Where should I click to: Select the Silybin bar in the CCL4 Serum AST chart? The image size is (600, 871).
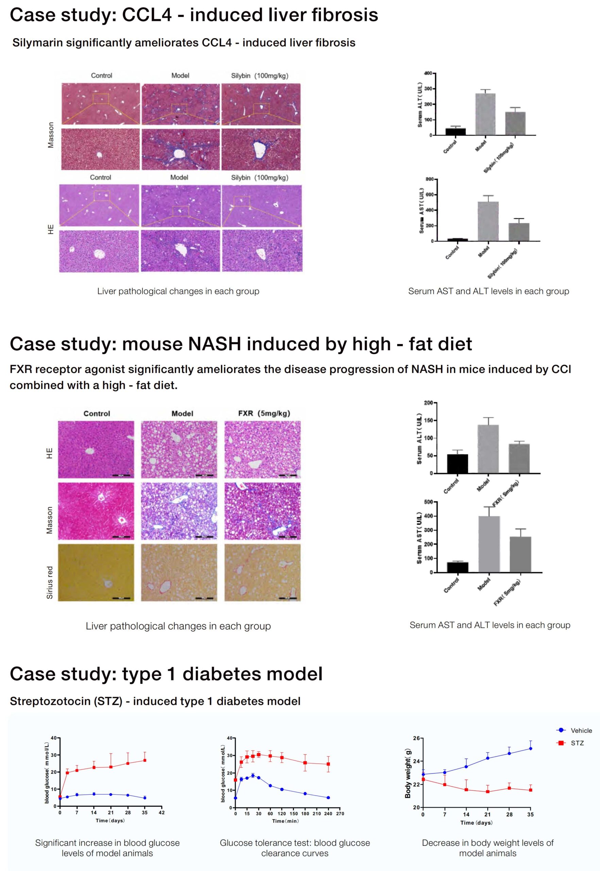click(519, 232)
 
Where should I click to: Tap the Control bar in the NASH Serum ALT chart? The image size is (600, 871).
click(458, 463)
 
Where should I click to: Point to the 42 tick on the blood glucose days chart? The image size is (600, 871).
click(162, 812)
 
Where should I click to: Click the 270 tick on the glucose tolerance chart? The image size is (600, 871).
click(340, 814)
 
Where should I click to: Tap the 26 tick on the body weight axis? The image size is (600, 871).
click(416, 738)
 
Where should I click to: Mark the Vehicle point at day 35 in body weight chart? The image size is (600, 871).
click(530, 748)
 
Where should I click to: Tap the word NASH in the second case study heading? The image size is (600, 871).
click(214, 344)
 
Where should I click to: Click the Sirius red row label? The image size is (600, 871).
click(50, 582)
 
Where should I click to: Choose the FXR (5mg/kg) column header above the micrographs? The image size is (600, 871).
click(264, 413)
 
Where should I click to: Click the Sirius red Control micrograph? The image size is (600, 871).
click(96, 572)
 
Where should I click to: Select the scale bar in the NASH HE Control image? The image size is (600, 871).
click(121, 476)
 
